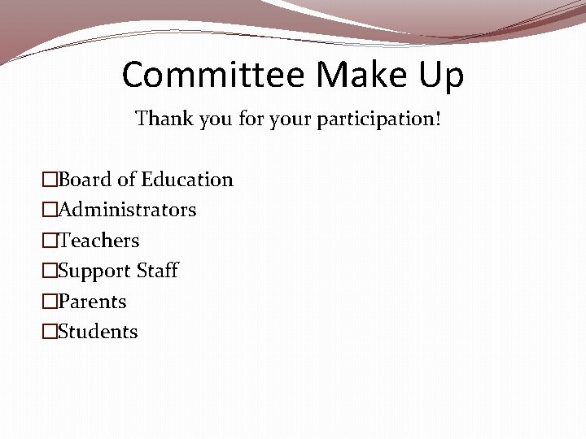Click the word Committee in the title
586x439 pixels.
tap(213, 75)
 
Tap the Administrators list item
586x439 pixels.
tap(127, 210)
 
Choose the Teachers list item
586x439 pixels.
tap(98, 241)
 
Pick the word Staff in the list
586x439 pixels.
tap(156, 271)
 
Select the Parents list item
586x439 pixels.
tap(93, 302)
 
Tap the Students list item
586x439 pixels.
tap(98, 332)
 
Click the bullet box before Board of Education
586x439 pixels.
tap(50, 180)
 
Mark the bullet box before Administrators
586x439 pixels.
tap(50, 210)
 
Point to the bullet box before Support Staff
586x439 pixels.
tap(50, 271)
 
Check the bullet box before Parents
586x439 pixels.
tap(50, 302)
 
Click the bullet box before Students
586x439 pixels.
tap(50, 332)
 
